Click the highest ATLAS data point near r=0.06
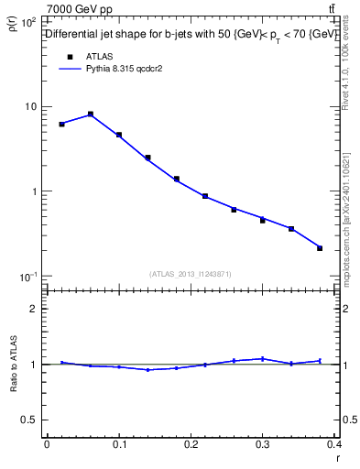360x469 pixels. point(91,115)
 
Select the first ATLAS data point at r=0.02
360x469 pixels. point(61,124)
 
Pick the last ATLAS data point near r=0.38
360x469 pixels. point(320,248)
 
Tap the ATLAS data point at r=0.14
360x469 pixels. point(147,158)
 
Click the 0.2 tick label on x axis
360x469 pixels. point(191,444)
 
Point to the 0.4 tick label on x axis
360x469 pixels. point(333,444)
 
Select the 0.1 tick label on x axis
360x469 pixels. point(118,444)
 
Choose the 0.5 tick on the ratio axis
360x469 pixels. point(30,420)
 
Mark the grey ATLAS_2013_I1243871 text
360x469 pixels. point(191,274)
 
